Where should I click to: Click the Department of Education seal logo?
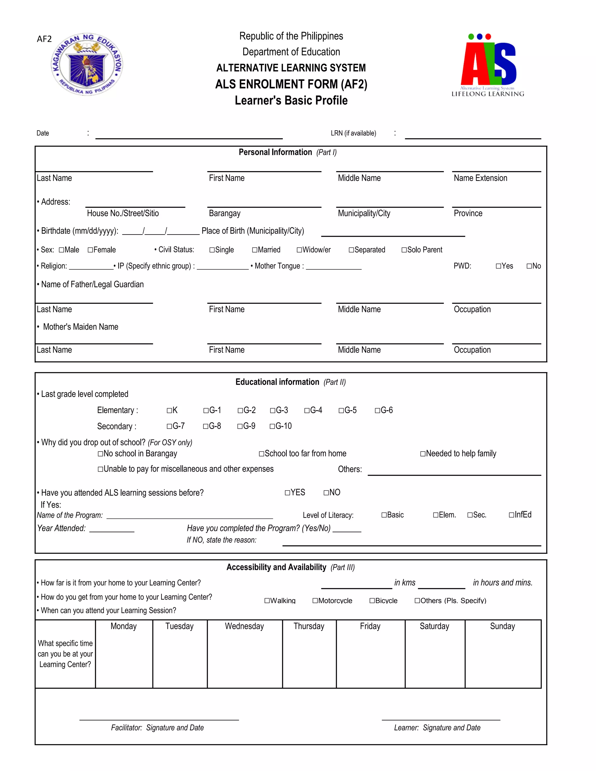tap(87, 65)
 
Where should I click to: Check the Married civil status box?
tap(255, 250)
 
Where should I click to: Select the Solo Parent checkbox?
tap(404, 250)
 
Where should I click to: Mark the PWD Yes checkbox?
tap(498, 266)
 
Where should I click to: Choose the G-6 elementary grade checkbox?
tap(377, 411)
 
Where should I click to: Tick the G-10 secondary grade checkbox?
tap(272, 427)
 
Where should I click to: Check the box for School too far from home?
tap(262, 454)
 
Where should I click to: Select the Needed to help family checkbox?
tap(423, 454)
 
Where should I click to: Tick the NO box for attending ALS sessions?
tap(326, 493)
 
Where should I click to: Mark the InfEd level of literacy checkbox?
tap(511, 515)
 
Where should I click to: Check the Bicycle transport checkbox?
tap(372, 601)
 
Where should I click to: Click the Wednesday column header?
tap(244, 626)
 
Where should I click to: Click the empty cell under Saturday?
tap(435, 660)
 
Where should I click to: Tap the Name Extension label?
tap(480, 178)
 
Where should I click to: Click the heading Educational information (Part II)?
tap(290, 382)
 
